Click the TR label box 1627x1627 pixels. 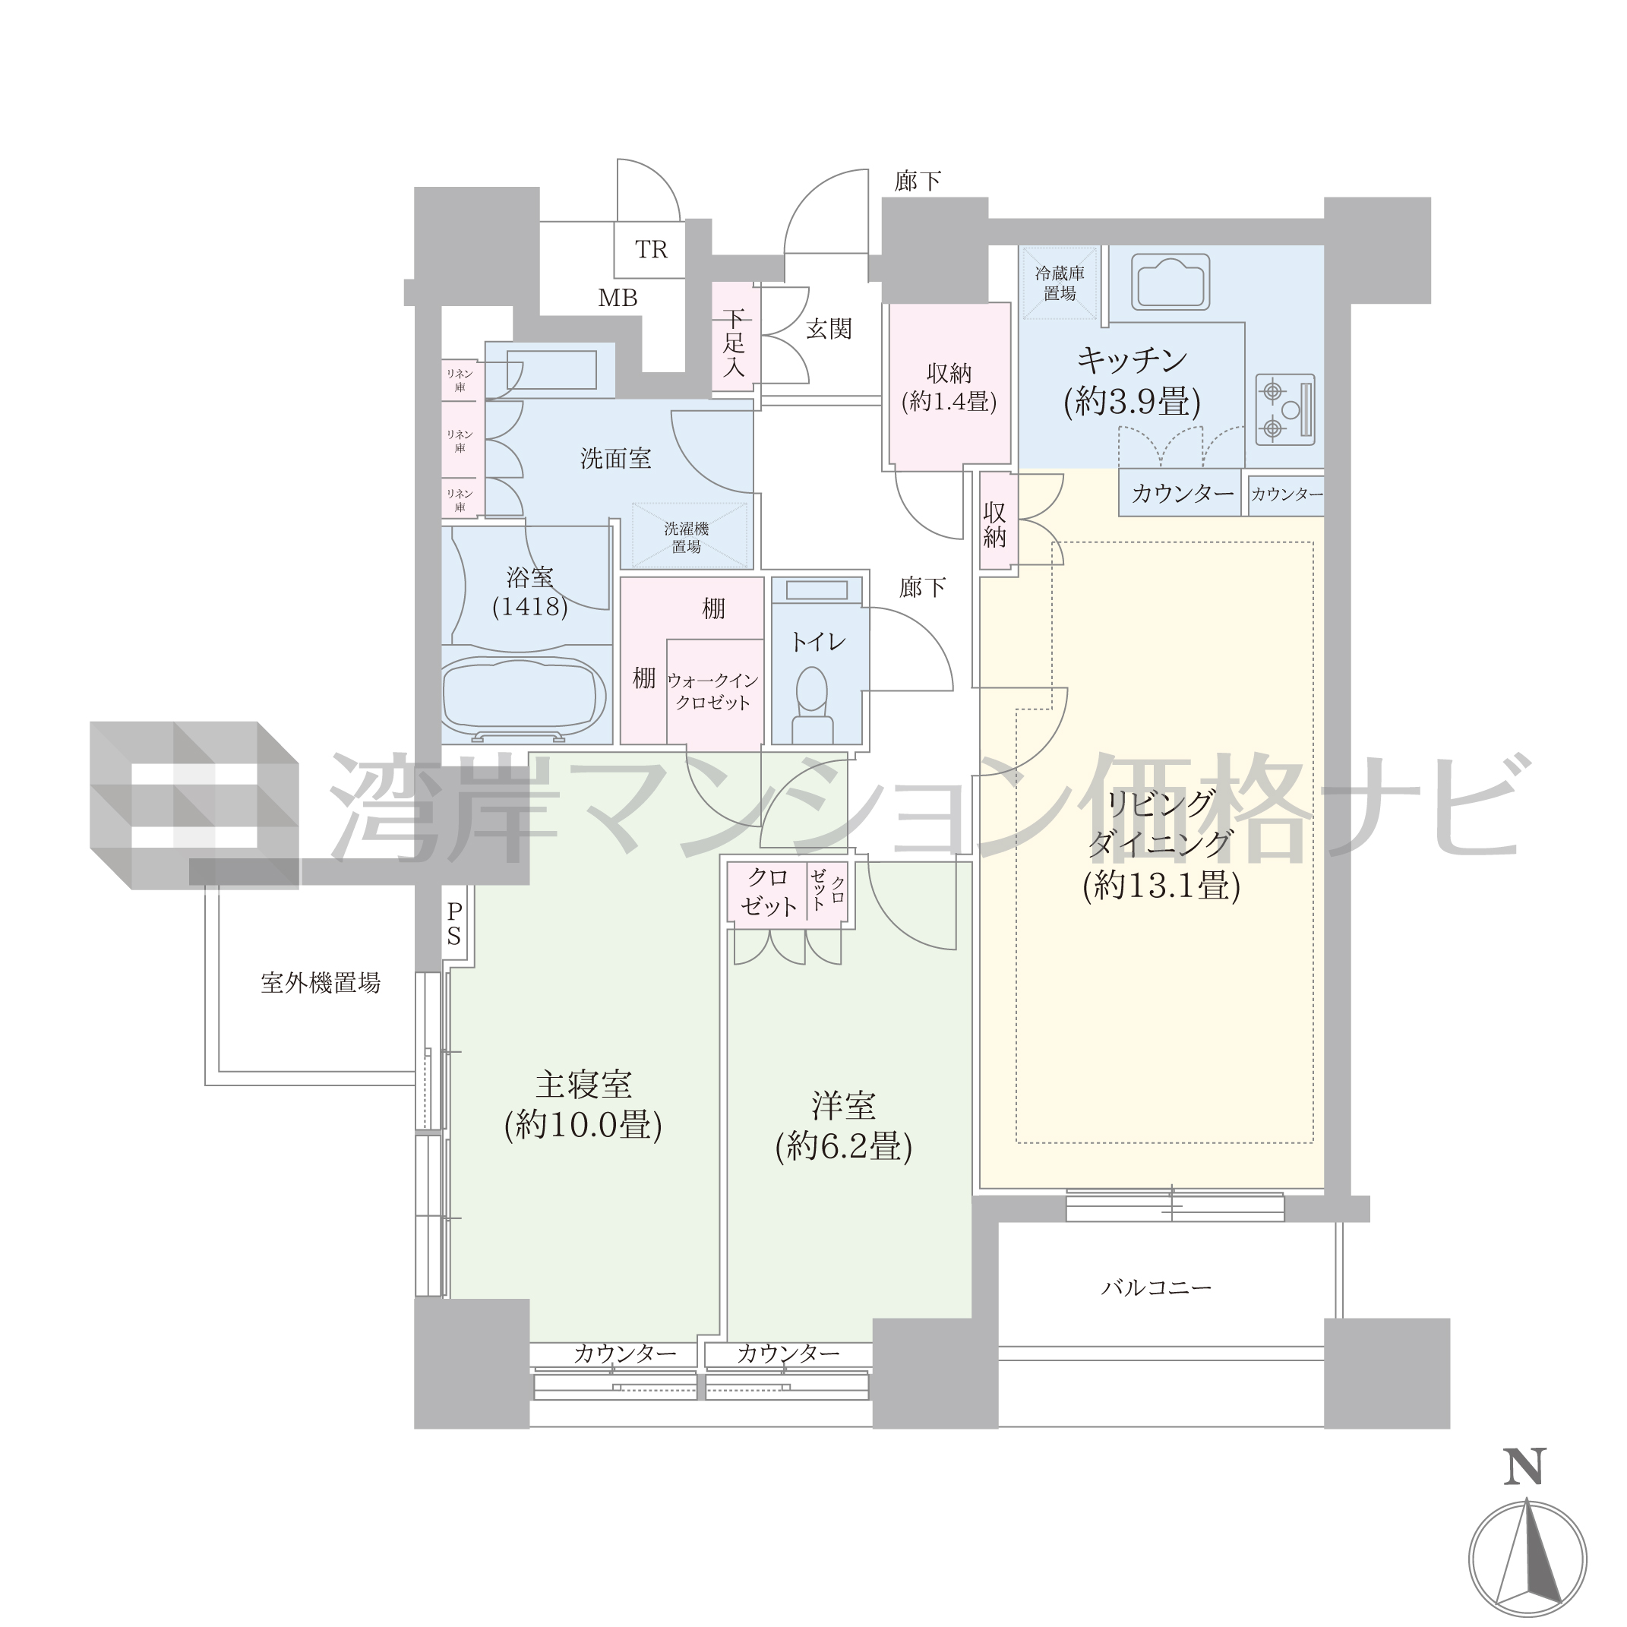(x=649, y=249)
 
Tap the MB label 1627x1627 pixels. (x=618, y=298)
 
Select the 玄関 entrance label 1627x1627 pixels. (x=829, y=330)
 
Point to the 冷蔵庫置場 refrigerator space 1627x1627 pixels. (x=1060, y=283)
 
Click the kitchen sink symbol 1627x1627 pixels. (x=1170, y=281)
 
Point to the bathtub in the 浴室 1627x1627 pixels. (x=524, y=697)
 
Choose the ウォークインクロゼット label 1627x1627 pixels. (x=712, y=691)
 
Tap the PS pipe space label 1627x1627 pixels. (x=454, y=924)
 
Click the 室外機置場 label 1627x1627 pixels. (x=320, y=983)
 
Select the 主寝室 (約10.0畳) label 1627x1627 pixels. (x=583, y=1105)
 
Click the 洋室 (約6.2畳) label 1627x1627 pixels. (x=843, y=1126)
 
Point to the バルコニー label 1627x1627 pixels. (x=1156, y=1287)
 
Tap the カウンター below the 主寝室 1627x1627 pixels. (x=625, y=1354)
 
